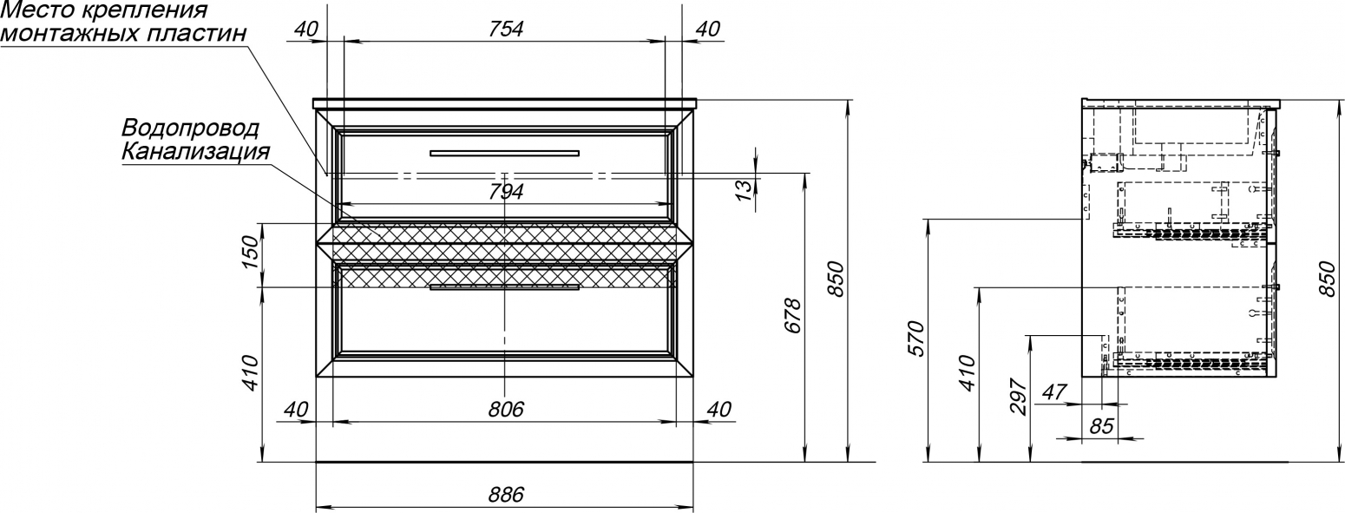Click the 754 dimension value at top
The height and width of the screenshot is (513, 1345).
click(x=506, y=29)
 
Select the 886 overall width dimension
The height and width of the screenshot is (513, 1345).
click(x=506, y=495)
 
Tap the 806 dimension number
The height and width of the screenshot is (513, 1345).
click(x=506, y=409)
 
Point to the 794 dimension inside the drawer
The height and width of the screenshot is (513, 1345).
click(x=506, y=192)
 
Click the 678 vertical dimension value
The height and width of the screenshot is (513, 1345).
click(x=793, y=315)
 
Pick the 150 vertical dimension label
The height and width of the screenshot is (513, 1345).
click(x=250, y=253)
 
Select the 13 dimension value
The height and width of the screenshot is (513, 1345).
click(x=743, y=190)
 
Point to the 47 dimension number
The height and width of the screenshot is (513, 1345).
click(x=1054, y=392)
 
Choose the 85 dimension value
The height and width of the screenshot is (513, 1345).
click(x=1101, y=426)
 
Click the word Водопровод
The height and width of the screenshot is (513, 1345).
click(x=190, y=128)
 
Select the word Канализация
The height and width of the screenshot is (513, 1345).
click(x=196, y=151)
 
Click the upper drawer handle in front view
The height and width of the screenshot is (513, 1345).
click(x=504, y=153)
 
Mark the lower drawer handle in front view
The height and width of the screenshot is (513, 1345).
click(x=504, y=287)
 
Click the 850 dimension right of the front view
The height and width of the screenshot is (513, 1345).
click(x=836, y=279)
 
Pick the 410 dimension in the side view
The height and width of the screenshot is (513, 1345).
click(x=968, y=373)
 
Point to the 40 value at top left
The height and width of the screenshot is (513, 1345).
click(x=305, y=29)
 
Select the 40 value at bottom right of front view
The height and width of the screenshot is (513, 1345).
click(x=718, y=409)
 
